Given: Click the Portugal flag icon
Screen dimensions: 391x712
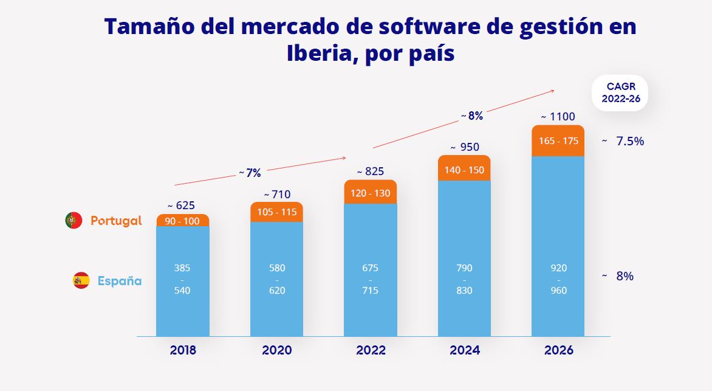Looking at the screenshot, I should (74, 221).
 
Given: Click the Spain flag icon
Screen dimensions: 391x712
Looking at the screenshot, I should (81, 280).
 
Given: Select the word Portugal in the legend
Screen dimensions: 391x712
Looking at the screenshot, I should (116, 221).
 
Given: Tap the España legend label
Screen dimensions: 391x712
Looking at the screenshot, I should (119, 281).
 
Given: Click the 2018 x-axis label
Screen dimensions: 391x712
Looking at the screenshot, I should (183, 350).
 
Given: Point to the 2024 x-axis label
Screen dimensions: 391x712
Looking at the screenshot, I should (464, 350).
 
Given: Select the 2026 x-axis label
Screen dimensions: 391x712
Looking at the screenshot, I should (558, 350).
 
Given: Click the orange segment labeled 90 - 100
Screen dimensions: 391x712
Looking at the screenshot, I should (182, 221).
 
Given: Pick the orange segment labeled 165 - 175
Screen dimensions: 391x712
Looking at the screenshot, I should (558, 141).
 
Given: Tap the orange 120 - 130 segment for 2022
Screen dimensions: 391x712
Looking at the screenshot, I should (370, 193).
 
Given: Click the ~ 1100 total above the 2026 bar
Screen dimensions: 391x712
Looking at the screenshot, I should (558, 117).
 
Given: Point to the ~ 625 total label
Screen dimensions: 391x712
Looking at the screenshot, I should (181, 205).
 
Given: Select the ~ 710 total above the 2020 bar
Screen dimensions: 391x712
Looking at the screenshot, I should (276, 195).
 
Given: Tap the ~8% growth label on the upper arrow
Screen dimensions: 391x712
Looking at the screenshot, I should (471, 116).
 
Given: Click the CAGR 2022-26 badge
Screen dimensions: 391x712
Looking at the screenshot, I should (621, 93).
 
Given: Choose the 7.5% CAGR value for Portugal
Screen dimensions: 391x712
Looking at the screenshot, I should (629, 141).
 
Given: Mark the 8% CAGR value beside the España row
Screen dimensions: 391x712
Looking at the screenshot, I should (625, 276).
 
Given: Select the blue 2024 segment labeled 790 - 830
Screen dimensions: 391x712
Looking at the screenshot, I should (464, 279).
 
